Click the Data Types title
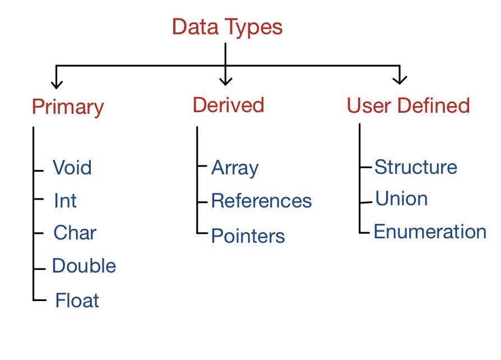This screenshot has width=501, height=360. (227, 27)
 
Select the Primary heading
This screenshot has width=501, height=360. (68, 107)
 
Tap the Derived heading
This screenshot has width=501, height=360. (228, 105)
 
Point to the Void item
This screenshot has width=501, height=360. (72, 168)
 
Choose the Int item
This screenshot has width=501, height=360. (65, 201)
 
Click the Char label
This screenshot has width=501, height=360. (75, 233)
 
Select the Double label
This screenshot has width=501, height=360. (84, 266)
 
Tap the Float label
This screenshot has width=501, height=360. (77, 301)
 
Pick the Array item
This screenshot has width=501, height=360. (235, 168)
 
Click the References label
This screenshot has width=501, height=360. (261, 201)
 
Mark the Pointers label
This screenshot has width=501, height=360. (248, 236)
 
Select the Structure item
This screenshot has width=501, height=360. (415, 167)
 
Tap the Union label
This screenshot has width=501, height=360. (401, 199)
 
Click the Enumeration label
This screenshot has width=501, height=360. (430, 232)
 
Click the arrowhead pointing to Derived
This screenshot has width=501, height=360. (225, 80)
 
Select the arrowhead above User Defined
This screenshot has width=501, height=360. (400, 79)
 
